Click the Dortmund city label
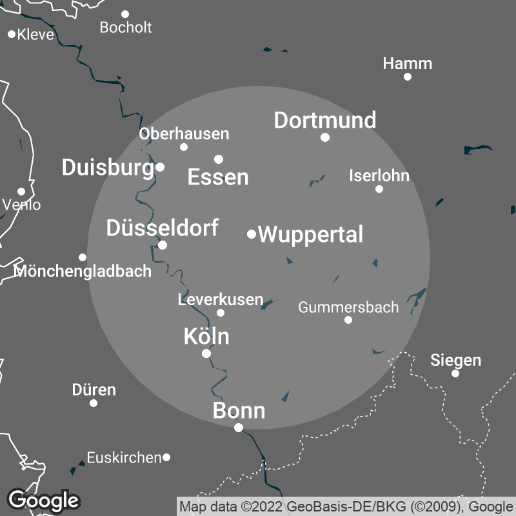click(325, 121)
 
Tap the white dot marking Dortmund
click(325, 137)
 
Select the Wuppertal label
click(311, 234)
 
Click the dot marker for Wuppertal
click(252, 233)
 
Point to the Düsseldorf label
click(162, 228)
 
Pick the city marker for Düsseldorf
click(163, 245)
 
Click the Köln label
click(206, 336)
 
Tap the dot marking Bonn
click(239, 428)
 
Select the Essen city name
click(218, 177)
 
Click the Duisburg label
click(107, 168)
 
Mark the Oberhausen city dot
click(184, 147)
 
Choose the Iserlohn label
click(379, 175)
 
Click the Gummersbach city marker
click(348, 320)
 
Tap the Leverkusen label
click(221, 299)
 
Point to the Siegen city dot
click(455, 373)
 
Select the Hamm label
click(407, 64)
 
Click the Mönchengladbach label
click(83, 271)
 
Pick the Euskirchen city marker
click(166, 457)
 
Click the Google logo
click(43, 500)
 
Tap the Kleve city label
click(35, 35)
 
